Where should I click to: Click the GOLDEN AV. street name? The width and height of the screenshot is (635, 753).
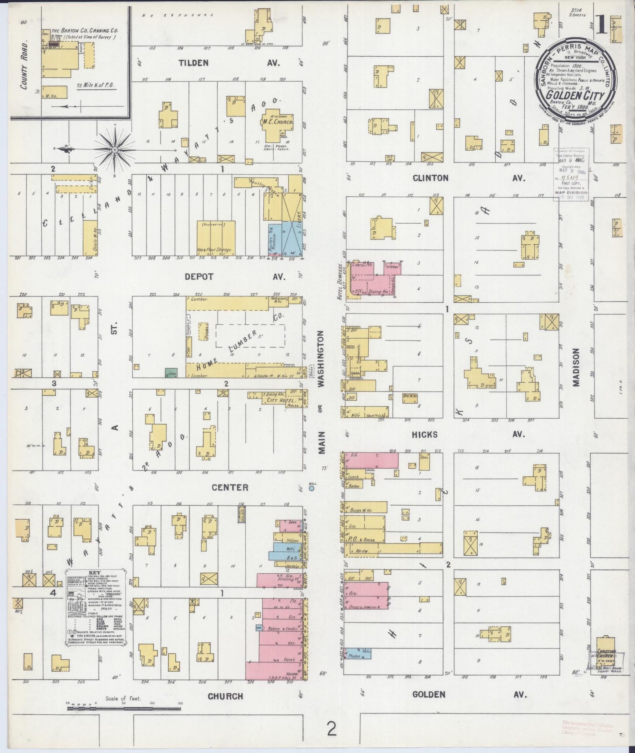(468, 694)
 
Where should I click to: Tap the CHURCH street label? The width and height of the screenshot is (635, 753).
(225, 696)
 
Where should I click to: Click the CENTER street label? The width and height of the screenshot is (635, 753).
(230, 487)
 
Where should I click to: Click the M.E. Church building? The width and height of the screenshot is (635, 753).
(277, 120)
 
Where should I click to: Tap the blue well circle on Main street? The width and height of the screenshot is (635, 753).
(312, 488)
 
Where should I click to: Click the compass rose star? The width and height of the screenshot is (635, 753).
(115, 150)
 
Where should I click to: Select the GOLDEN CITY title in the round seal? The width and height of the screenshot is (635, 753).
(576, 95)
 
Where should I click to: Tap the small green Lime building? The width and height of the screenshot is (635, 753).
(171, 373)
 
